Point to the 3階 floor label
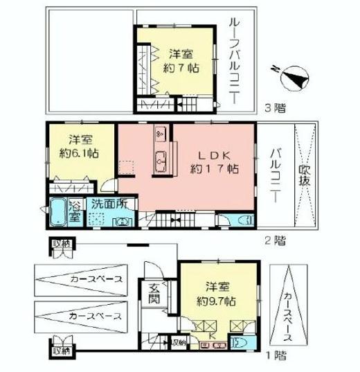pyautogui.click(x=275, y=109)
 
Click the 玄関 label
pyautogui.click(x=153, y=294)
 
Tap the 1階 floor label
pyautogui.click(x=275, y=355)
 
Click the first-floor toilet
pyautogui.click(x=238, y=343)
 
